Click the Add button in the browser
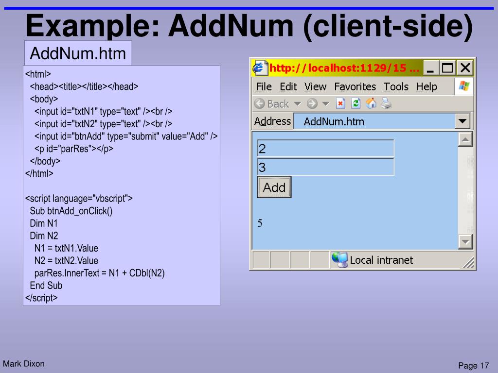(274, 187)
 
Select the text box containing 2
(325, 148)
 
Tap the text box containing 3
(325, 168)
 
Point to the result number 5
(260, 223)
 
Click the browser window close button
(465, 68)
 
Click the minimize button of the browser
(431, 68)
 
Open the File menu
(264, 87)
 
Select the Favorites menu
(355, 87)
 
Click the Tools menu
(396, 87)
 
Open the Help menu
(427, 87)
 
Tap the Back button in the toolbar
(272, 103)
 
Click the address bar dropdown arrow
(463, 121)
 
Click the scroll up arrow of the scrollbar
(465, 140)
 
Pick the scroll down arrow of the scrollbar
(465, 241)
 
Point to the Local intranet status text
(381, 260)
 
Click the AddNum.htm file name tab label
(78, 53)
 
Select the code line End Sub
(46, 285)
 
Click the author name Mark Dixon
(24, 363)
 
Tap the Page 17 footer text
(473, 366)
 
